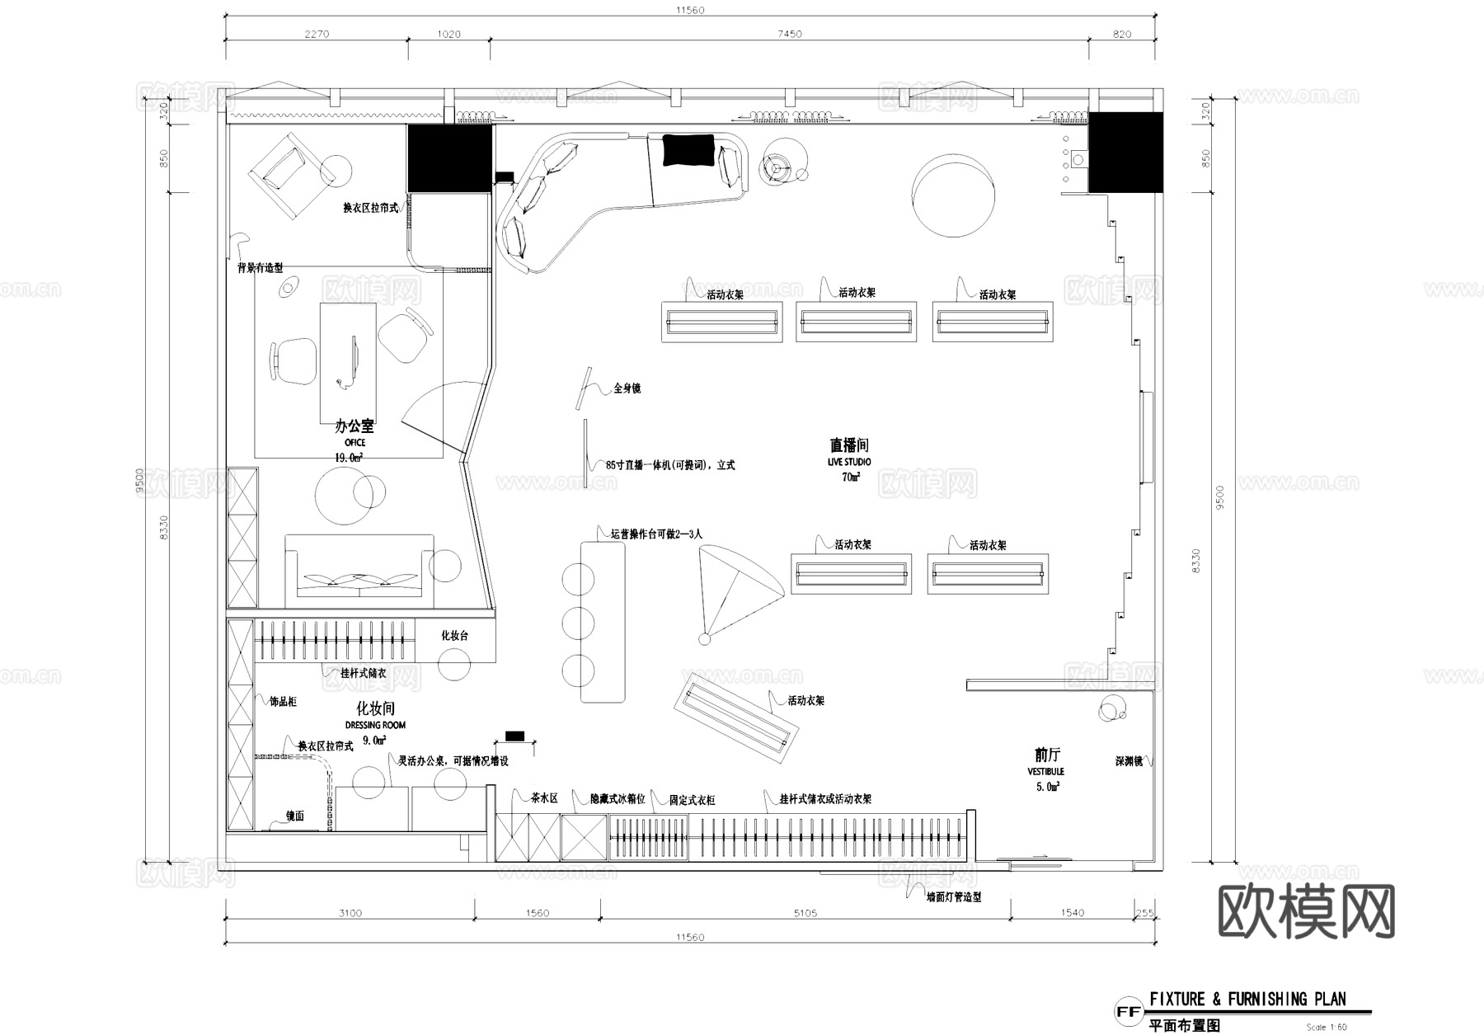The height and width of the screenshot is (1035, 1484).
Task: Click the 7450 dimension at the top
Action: pos(789,34)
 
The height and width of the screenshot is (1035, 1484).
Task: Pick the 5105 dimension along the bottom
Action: pos(805,913)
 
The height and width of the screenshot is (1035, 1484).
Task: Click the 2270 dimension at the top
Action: pos(317,34)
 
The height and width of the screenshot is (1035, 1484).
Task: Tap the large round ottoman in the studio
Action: pos(953,197)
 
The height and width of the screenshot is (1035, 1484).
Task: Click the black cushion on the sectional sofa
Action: pos(688,150)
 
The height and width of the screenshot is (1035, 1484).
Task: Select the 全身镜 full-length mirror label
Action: pos(627,388)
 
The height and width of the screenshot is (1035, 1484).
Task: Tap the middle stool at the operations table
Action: pos(578,623)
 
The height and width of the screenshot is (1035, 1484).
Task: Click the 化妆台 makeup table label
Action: pos(454,635)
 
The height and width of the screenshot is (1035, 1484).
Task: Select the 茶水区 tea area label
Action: pos(544,798)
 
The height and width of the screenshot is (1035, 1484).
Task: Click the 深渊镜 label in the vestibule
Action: pos(1129,761)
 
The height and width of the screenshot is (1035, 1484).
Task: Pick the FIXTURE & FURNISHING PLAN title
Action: pos(1247,1000)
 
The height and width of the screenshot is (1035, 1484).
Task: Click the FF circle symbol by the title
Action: pos(1128,1012)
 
